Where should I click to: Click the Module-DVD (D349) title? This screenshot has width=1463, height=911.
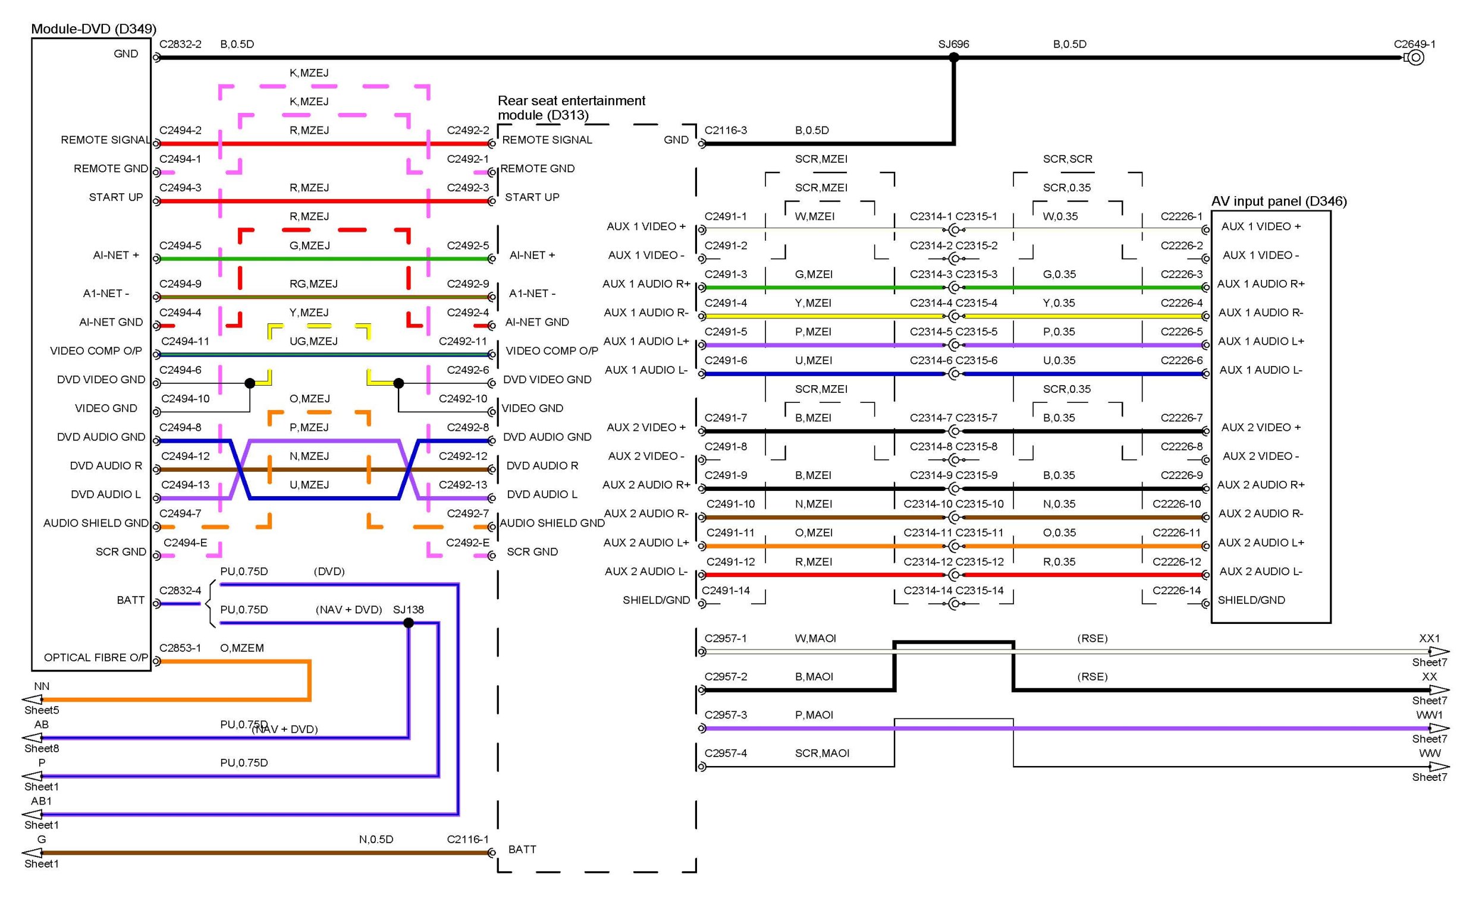point(93,29)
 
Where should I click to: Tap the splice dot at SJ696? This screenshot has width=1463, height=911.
point(954,58)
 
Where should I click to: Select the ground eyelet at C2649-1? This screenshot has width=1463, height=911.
point(1416,58)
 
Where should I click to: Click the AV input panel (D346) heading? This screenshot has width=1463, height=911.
point(1279,201)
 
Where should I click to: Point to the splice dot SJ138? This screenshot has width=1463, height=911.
point(409,623)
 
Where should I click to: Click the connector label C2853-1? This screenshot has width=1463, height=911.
point(180,648)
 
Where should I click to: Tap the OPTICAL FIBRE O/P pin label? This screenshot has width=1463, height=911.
point(95,657)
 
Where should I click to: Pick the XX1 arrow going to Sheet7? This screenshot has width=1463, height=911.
point(1439,651)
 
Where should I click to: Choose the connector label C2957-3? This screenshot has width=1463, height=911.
point(726,715)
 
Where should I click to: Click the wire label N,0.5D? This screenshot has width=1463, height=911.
point(376,839)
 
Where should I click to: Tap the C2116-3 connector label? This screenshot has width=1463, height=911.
point(726,130)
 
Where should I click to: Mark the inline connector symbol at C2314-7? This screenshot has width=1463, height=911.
point(954,431)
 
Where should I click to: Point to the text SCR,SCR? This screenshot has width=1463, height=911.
point(1068,159)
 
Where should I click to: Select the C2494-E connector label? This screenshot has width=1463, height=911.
point(185,542)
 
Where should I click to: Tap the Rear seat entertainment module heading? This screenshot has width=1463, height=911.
point(571,107)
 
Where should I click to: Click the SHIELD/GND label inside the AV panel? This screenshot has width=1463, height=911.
point(1251,600)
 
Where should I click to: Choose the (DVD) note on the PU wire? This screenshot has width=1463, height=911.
point(329,571)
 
